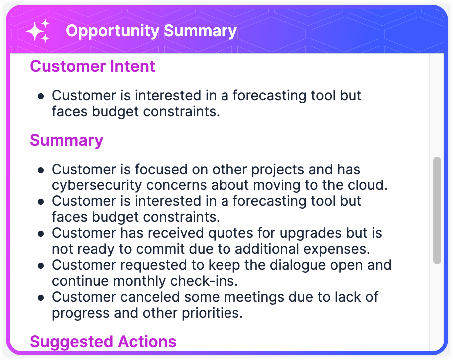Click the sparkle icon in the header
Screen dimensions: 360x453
(38, 31)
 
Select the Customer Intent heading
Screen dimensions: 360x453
(92, 66)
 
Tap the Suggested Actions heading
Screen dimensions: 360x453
(103, 342)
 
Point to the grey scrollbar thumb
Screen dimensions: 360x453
(437, 210)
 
